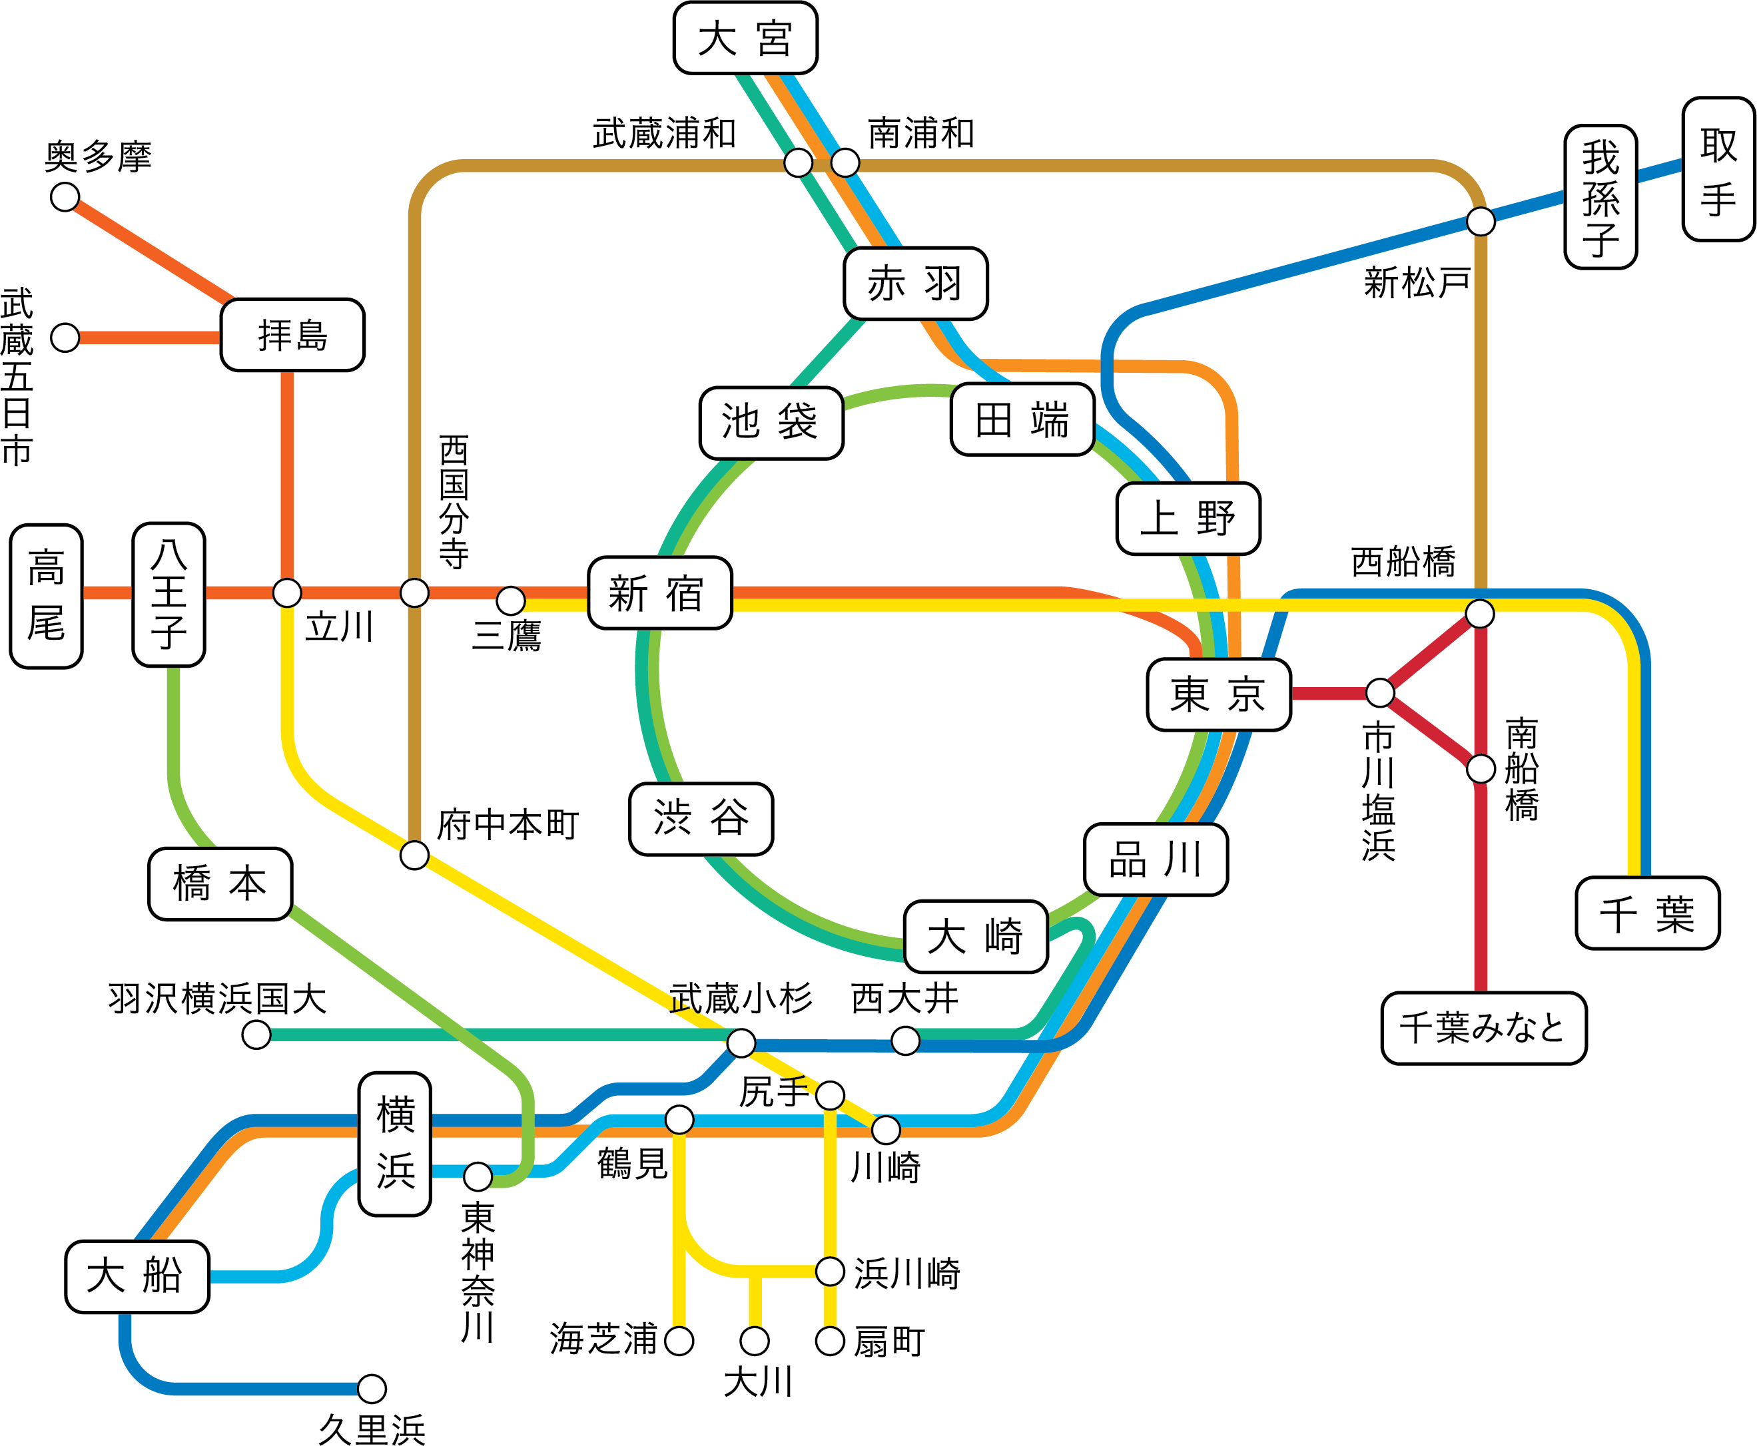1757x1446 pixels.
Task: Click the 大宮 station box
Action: click(x=745, y=39)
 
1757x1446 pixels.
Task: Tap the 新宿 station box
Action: click(x=659, y=593)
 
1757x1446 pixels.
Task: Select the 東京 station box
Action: click(x=1218, y=694)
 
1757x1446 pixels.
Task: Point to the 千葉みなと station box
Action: click(x=1483, y=1028)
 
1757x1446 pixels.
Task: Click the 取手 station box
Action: click(x=1718, y=169)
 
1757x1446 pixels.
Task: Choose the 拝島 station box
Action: click(x=292, y=335)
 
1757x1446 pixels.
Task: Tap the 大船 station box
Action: click(x=137, y=1277)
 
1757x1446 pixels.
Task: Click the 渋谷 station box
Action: click(x=701, y=819)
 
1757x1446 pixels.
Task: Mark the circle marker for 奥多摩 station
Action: click(x=65, y=198)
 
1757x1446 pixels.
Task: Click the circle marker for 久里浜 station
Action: click(x=372, y=1389)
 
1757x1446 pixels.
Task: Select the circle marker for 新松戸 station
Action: click(x=1481, y=222)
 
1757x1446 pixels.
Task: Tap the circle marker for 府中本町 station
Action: click(x=414, y=855)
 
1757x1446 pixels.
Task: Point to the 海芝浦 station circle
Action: click(x=679, y=1341)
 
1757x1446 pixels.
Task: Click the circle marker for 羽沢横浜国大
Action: click(x=256, y=1035)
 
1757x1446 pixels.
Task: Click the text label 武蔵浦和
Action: click(x=664, y=133)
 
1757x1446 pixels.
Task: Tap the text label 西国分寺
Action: click(x=454, y=501)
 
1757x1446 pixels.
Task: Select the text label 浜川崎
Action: click(x=906, y=1273)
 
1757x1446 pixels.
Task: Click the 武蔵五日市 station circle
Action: click(x=65, y=338)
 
